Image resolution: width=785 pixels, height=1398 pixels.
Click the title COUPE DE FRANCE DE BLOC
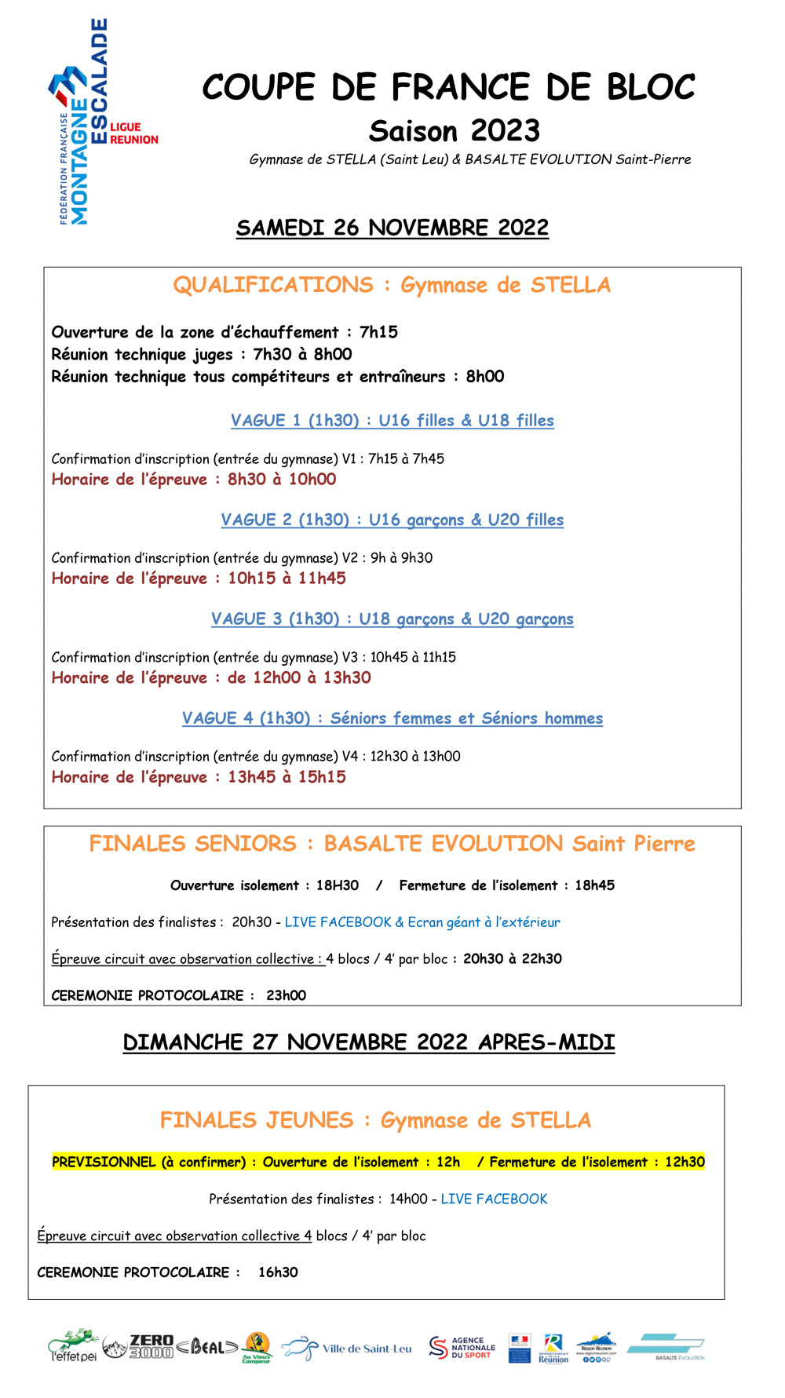tap(448, 87)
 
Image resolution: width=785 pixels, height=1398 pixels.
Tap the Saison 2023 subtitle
tap(455, 131)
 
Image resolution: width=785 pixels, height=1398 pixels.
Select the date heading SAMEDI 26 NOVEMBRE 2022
tap(392, 228)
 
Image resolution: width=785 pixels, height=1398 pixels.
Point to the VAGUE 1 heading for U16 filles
tap(392, 421)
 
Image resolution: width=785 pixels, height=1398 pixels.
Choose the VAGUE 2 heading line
tap(392, 520)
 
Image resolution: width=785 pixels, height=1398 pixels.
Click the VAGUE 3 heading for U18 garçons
tap(392, 619)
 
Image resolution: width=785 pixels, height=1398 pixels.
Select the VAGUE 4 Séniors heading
tap(392, 718)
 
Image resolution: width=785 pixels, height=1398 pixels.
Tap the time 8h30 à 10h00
tap(282, 480)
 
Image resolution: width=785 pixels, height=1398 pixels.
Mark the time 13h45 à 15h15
tap(287, 777)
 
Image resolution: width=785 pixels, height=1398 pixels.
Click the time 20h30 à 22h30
tap(513, 958)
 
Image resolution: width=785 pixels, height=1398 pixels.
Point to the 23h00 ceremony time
tap(287, 995)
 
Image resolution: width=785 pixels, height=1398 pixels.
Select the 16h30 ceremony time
tap(279, 1272)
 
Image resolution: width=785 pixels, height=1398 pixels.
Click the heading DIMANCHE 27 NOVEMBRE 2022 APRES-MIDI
tap(369, 1042)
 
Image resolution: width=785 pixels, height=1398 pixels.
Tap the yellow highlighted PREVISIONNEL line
tap(378, 1162)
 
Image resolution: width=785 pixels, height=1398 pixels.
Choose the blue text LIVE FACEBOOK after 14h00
tap(494, 1199)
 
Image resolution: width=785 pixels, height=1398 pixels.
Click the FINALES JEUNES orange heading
tap(375, 1120)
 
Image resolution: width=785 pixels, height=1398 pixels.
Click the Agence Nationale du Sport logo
tap(462, 1348)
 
